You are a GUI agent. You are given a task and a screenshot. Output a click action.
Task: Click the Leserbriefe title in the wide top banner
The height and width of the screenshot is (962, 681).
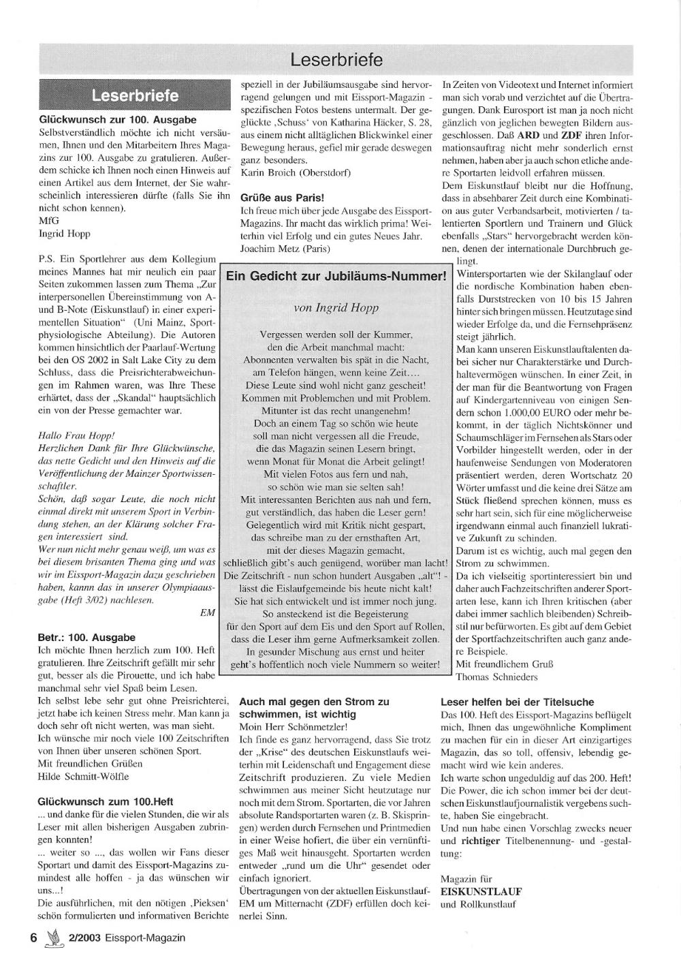[336, 60]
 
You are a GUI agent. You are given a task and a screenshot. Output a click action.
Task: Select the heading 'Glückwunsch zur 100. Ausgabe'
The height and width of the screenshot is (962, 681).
[118, 119]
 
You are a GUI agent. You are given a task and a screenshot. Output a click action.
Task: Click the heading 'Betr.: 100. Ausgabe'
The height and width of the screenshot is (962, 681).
[86, 638]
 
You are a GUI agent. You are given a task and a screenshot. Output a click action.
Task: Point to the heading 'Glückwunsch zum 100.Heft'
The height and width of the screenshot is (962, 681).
[106, 801]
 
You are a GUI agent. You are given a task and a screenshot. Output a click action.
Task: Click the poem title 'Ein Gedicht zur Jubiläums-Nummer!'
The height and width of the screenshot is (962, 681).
[336, 276]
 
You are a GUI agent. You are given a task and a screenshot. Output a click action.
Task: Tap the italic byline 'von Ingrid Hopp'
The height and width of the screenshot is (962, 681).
[336, 307]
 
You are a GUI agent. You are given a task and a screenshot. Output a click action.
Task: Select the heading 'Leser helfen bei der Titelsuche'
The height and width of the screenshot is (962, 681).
[518, 702]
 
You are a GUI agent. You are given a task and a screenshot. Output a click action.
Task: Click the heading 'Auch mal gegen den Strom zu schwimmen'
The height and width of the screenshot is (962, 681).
[315, 707]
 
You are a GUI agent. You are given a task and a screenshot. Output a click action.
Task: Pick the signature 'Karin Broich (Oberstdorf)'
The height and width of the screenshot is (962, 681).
[296, 172]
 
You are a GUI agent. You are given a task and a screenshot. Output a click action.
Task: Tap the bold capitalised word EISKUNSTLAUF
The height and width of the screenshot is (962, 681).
[481, 891]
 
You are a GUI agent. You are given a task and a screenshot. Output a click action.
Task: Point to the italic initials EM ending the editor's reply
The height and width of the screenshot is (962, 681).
[208, 612]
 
